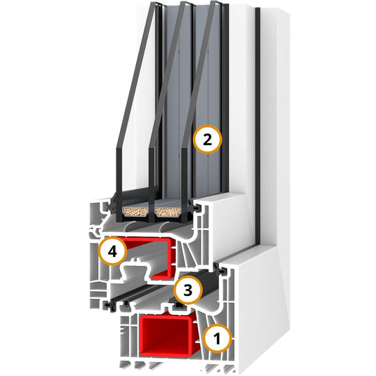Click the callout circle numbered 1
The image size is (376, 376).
click(217, 339)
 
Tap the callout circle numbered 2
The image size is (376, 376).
click(208, 140)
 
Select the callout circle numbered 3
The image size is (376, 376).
click(188, 290)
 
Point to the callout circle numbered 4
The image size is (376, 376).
click(112, 251)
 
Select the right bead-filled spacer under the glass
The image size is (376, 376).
click(168, 212)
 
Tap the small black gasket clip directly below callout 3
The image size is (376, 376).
click(179, 306)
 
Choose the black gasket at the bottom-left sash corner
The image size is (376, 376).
click(109, 307)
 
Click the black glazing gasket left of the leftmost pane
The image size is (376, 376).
click(113, 206)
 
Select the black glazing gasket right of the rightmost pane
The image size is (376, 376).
click(194, 206)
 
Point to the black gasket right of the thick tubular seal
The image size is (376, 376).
click(221, 270)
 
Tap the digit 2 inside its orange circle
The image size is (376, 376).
click(208, 140)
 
